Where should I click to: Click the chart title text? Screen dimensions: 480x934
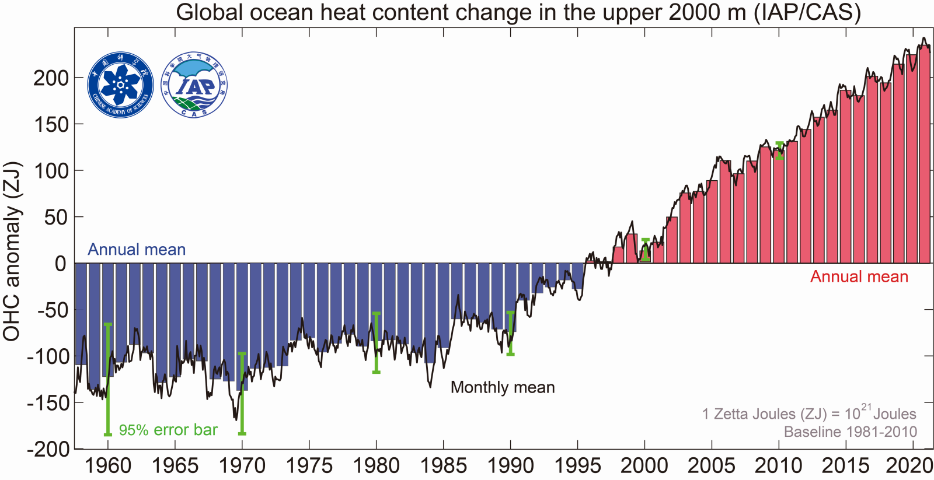click(518, 12)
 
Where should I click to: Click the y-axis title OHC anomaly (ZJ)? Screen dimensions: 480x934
click(12, 251)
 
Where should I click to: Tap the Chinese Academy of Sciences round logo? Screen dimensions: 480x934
click(120, 85)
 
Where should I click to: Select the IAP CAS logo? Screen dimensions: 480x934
click(194, 85)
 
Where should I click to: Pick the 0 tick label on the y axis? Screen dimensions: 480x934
click(60, 264)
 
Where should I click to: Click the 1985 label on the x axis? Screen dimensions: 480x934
click(443, 465)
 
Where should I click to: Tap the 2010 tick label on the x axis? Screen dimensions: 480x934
click(778, 465)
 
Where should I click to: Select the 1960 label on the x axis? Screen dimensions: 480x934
click(108, 465)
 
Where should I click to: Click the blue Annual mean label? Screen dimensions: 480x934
click(137, 250)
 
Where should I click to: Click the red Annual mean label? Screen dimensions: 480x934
click(859, 276)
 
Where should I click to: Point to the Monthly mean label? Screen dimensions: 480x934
click(503, 387)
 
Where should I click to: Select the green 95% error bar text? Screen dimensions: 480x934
click(168, 430)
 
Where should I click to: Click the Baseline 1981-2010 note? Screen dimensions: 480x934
click(850, 432)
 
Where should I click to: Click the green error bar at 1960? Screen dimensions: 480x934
click(108, 379)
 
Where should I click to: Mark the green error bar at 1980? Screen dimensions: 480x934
click(377, 342)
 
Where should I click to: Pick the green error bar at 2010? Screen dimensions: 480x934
click(779, 150)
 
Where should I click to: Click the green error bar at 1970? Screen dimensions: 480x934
click(242, 393)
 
